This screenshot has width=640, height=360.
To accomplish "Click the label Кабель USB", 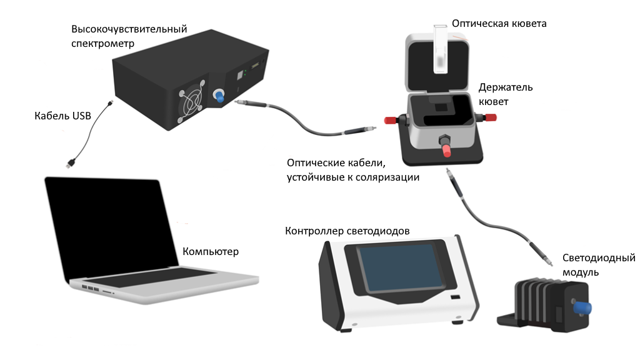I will click(62, 116).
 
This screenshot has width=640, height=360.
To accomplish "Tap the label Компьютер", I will click(211, 252).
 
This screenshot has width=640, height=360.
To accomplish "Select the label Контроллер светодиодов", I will click(347, 231).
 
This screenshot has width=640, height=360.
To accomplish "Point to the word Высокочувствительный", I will click(129, 29).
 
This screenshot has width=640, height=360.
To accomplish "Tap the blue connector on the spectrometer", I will click(220, 97).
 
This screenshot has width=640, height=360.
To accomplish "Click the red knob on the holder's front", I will click(448, 151).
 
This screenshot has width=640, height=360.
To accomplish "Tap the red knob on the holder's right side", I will click(491, 117).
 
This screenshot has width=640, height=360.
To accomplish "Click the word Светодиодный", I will click(598, 258).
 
